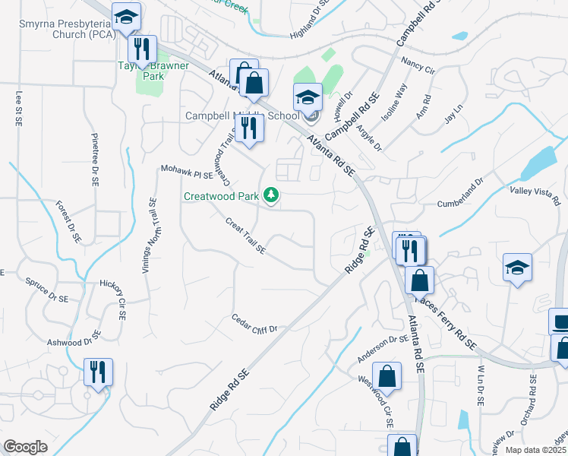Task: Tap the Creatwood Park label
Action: point(221,197)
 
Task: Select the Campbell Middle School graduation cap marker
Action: point(308,98)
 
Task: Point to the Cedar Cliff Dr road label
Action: point(255,324)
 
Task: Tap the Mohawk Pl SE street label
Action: point(187,175)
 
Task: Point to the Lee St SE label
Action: point(18,108)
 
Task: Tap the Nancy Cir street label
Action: point(418,65)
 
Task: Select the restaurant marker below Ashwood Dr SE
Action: point(98,372)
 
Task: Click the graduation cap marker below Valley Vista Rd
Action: point(517,268)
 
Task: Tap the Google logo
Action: point(25,447)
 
